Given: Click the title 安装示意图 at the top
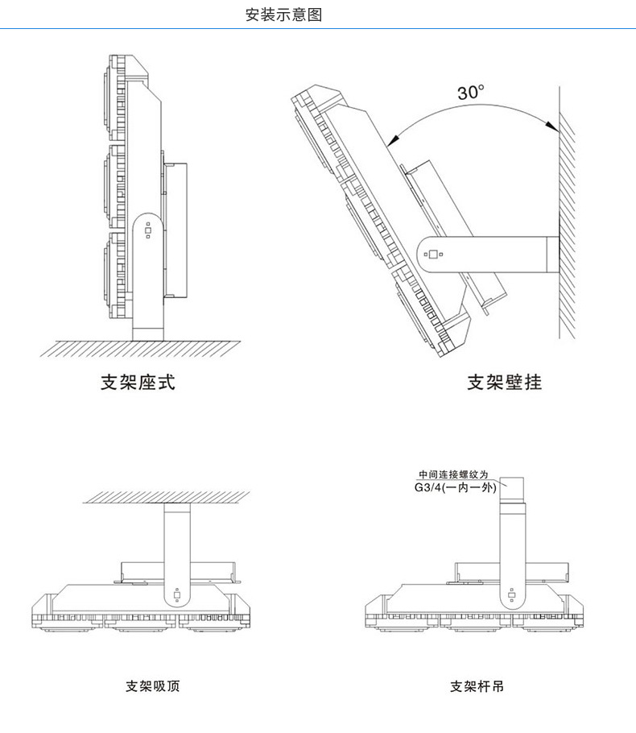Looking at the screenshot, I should pyautogui.click(x=283, y=14).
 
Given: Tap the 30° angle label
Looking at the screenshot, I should pyautogui.click(x=472, y=93).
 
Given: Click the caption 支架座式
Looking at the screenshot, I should pyautogui.click(x=138, y=382).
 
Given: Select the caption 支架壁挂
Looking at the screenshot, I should pyautogui.click(x=504, y=382).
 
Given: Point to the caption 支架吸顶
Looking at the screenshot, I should pyautogui.click(x=153, y=687).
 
